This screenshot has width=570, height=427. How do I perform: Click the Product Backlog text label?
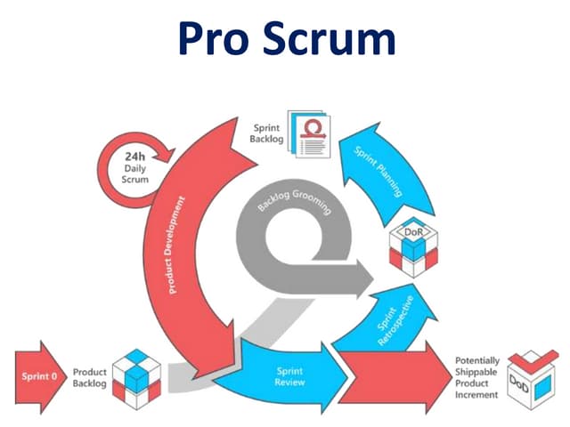[x=89, y=377]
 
